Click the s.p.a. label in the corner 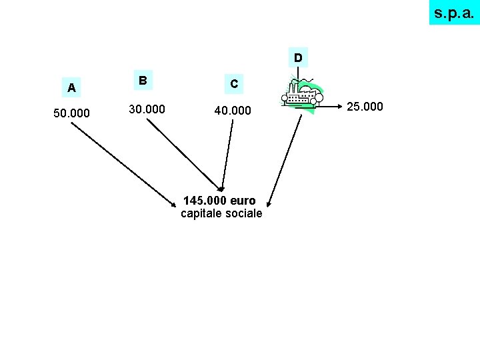pyautogui.click(x=454, y=13)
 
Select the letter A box pyautogui.click(x=71, y=87)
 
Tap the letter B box pyautogui.click(x=142, y=80)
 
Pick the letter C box pyautogui.click(x=233, y=84)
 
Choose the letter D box pyautogui.click(x=297, y=58)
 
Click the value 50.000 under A pyautogui.click(x=71, y=113)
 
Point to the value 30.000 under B pyautogui.click(x=147, y=109)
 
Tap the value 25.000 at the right pyautogui.click(x=365, y=106)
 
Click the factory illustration pyautogui.click(x=303, y=97)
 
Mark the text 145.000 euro pyautogui.click(x=219, y=201)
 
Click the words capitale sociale pyautogui.click(x=221, y=214)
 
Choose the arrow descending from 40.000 pyautogui.click(x=228, y=153)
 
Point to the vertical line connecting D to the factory pyautogui.click(x=298, y=73)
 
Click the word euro pyautogui.click(x=243, y=201)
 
